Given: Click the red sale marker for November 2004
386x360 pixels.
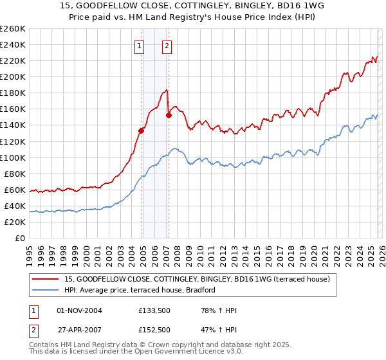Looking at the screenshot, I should point(141,130).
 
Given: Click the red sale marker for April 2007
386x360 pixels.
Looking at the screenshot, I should point(169,116).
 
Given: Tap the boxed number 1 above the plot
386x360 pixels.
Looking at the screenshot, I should point(139,46).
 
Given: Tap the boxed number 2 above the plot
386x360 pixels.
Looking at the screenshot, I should point(167,46).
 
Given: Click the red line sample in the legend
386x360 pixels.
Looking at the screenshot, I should point(45,279).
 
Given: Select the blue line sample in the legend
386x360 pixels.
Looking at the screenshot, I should point(45,291).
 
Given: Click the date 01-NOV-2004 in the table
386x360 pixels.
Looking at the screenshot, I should point(80,310).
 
